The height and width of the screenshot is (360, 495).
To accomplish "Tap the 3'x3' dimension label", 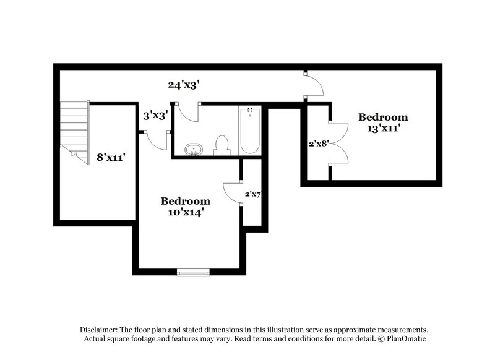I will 155,116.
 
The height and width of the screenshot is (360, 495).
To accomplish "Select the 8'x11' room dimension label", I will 113,158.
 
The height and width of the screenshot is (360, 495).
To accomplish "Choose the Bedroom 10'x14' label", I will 185,207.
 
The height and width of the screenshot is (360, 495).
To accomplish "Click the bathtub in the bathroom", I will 250,130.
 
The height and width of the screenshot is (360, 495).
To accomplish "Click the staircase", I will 74,132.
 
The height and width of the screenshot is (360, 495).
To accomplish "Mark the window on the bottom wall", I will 193,272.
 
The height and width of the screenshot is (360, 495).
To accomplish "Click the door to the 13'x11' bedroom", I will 314,86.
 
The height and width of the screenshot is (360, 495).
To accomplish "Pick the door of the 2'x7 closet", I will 232,192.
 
